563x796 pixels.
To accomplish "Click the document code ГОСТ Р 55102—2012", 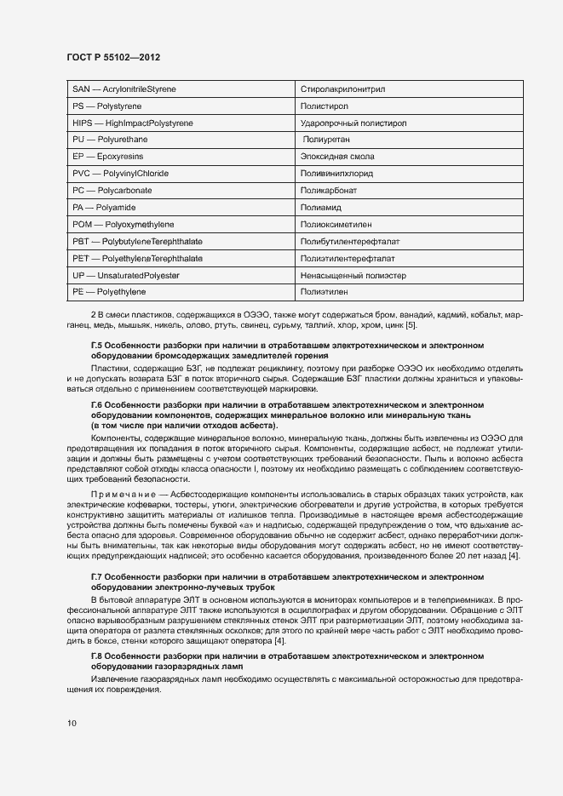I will pyautogui.click(x=112, y=57).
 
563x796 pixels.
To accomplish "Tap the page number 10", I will pyautogui.click(x=71, y=724).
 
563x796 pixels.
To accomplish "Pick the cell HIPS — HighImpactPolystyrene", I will pyautogui.click(x=133, y=123).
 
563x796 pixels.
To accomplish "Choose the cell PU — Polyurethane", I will pyautogui.click(x=110, y=140).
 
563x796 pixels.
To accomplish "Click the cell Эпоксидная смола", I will pyautogui.click(x=337, y=157).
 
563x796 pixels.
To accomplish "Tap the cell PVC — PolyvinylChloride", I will pyautogui.click(x=120, y=174).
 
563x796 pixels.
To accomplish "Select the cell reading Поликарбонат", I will pyautogui.click(x=328, y=191).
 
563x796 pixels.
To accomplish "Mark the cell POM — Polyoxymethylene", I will pyautogui.click(x=124, y=224).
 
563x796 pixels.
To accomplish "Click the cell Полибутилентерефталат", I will pyautogui.click(x=349, y=241).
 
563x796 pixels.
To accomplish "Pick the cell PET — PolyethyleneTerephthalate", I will pyautogui.click(x=137, y=258).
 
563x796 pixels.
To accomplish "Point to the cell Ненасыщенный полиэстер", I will pyautogui.click(x=353, y=275).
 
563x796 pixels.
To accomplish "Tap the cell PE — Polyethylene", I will pyautogui.click(x=109, y=292).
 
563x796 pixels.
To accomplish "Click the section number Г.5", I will pyautogui.click(x=97, y=345).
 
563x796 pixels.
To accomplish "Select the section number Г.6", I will pyautogui.click(x=97, y=404).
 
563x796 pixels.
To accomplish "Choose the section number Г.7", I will pyautogui.click(x=97, y=576).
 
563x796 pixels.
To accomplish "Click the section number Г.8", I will pyautogui.click(x=97, y=656).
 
